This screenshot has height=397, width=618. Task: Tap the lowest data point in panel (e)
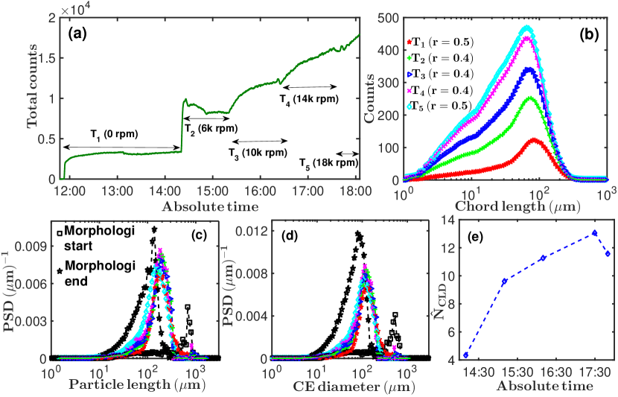[466, 355]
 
